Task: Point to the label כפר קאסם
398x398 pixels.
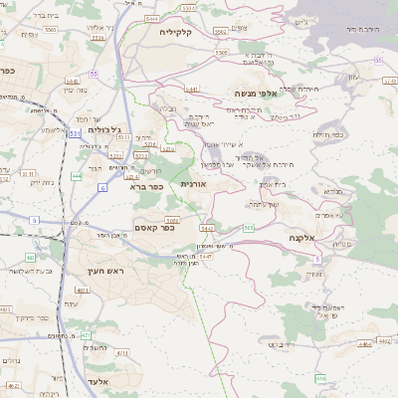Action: point(153,228)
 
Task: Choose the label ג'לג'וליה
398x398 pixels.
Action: point(103,129)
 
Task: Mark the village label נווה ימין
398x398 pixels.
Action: point(76,90)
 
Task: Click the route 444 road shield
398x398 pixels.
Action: point(77,177)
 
